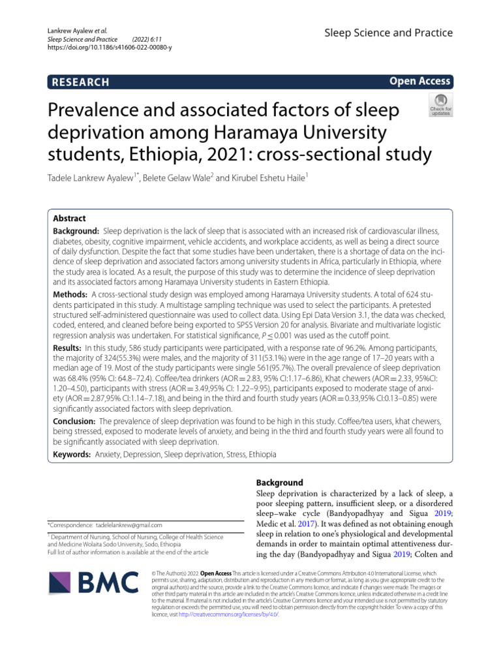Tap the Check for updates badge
pos(440,104)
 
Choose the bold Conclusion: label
pos(74,421)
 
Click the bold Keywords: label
pos(72,454)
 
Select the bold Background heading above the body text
pos(280,483)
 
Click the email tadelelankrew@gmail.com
pos(129,524)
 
